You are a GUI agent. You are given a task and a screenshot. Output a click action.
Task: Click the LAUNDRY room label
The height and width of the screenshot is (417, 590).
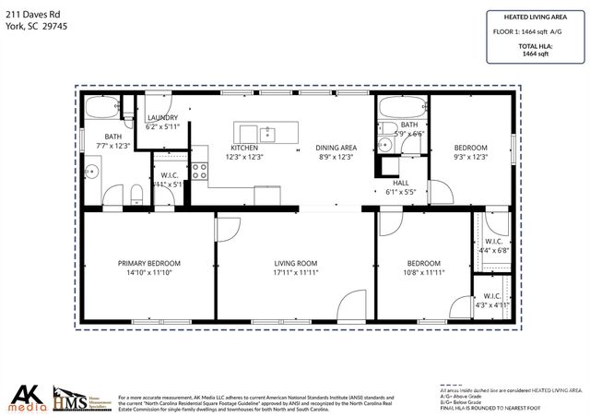[x=162, y=118]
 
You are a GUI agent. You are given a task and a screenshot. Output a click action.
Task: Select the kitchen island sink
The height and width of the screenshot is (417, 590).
[x=267, y=131]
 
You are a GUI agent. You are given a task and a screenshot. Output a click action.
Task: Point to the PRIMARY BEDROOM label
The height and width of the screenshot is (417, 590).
[x=148, y=263]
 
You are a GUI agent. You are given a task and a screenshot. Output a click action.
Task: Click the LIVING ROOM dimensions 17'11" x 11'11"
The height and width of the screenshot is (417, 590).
[x=295, y=273]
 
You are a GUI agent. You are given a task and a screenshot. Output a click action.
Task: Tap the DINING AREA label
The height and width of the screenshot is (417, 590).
[x=336, y=148]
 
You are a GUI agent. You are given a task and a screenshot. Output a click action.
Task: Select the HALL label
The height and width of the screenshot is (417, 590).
[x=400, y=183]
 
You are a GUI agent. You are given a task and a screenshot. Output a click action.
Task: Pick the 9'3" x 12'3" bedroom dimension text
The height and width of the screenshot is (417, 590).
[x=470, y=158]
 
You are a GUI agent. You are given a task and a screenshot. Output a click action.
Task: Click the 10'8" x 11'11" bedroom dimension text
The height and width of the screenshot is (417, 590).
[x=425, y=273]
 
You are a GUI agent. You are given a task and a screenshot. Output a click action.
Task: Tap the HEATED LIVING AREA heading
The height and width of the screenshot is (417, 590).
[x=535, y=17]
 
